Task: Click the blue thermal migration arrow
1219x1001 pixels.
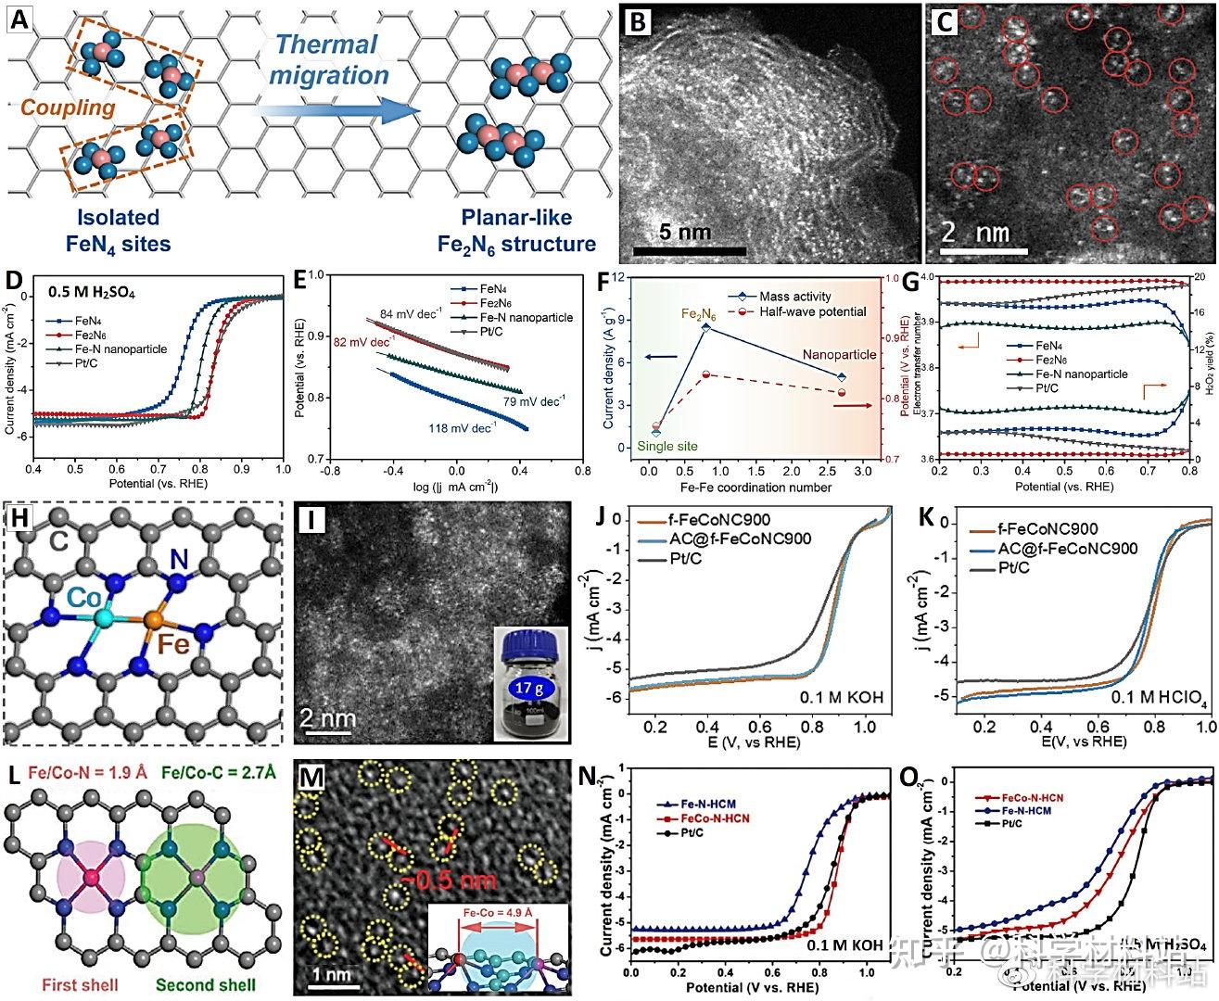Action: pyautogui.click(x=334, y=112)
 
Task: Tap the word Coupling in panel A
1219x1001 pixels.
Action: pyautogui.click(x=68, y=108)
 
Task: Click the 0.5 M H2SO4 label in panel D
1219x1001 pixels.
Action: pyautogui.click(x=92, y=293)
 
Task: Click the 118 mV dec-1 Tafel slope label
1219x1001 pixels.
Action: pyautogui.click(x=462, y=428)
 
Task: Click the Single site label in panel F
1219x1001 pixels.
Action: pyautogui.click(x=667, y=446)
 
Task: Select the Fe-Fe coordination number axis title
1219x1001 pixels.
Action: pyautogui.click(x=754, y=488)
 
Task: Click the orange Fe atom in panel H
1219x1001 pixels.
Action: pyautogui.click(x=158, y=618)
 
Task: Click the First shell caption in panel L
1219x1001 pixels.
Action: pyautogui.click(x=81, y=984)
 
